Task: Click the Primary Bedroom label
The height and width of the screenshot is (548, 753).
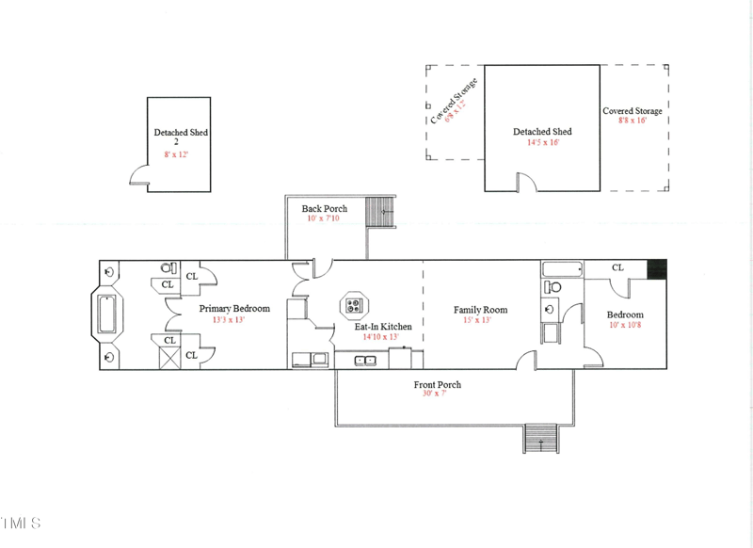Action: pos(234,309)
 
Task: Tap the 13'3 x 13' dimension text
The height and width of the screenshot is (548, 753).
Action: pos(229,320)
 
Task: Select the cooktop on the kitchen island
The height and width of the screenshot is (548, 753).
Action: pos(355,305)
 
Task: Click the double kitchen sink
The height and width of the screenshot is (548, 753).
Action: pos(365,361)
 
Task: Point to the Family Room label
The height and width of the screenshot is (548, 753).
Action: pos(480,310)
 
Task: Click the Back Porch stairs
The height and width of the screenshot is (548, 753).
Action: pos(380,212)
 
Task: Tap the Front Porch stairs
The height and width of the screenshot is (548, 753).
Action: pos(540,439)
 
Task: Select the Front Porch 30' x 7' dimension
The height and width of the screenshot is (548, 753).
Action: pos(435,394)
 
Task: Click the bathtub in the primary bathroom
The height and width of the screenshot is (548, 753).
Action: pos(106,314)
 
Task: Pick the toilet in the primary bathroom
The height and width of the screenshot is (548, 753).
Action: pos(168,268)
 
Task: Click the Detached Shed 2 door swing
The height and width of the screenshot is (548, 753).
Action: pos(139,176)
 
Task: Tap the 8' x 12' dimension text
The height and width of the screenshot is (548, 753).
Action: pos(176,154)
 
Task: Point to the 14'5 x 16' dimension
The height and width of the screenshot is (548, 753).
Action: pos(543,142)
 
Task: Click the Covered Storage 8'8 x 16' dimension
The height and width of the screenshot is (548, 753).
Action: pos(633,121)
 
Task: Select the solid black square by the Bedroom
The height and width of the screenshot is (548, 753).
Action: pos(657,269)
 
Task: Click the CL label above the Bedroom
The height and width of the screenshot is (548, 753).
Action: pos(617,267)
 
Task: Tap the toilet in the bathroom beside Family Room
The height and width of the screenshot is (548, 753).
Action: pos(553,287)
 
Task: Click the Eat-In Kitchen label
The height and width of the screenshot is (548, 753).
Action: pos(383,327)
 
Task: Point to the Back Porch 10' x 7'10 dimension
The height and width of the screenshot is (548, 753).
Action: pos(323,218)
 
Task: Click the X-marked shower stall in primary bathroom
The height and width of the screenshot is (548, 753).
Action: pos(170,358)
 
